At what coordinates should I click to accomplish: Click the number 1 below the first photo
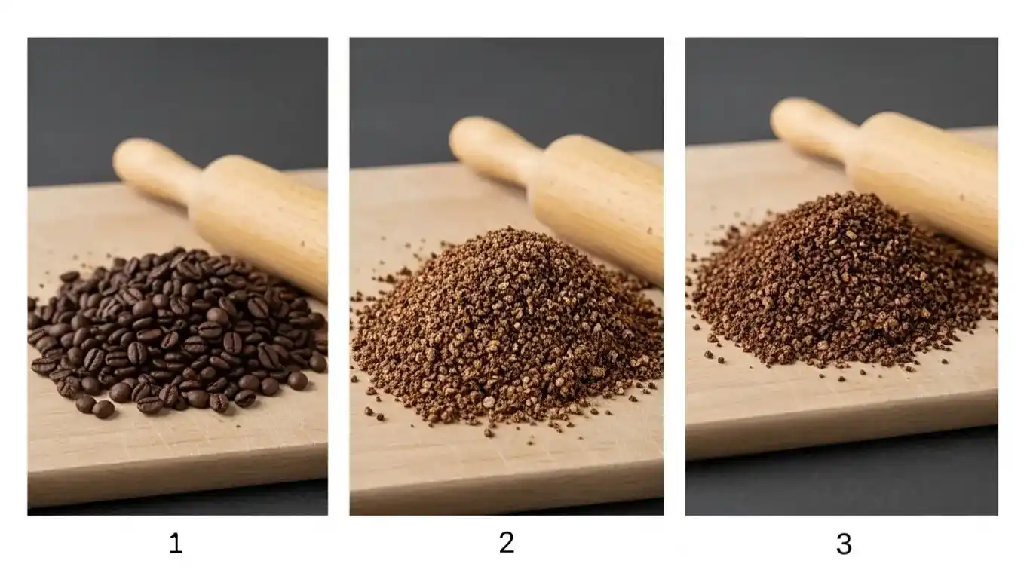point(176,544)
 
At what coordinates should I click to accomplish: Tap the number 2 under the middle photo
point(507,542)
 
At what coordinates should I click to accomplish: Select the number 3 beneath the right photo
point(844,544)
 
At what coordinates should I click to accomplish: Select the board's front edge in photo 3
point(841,437)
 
